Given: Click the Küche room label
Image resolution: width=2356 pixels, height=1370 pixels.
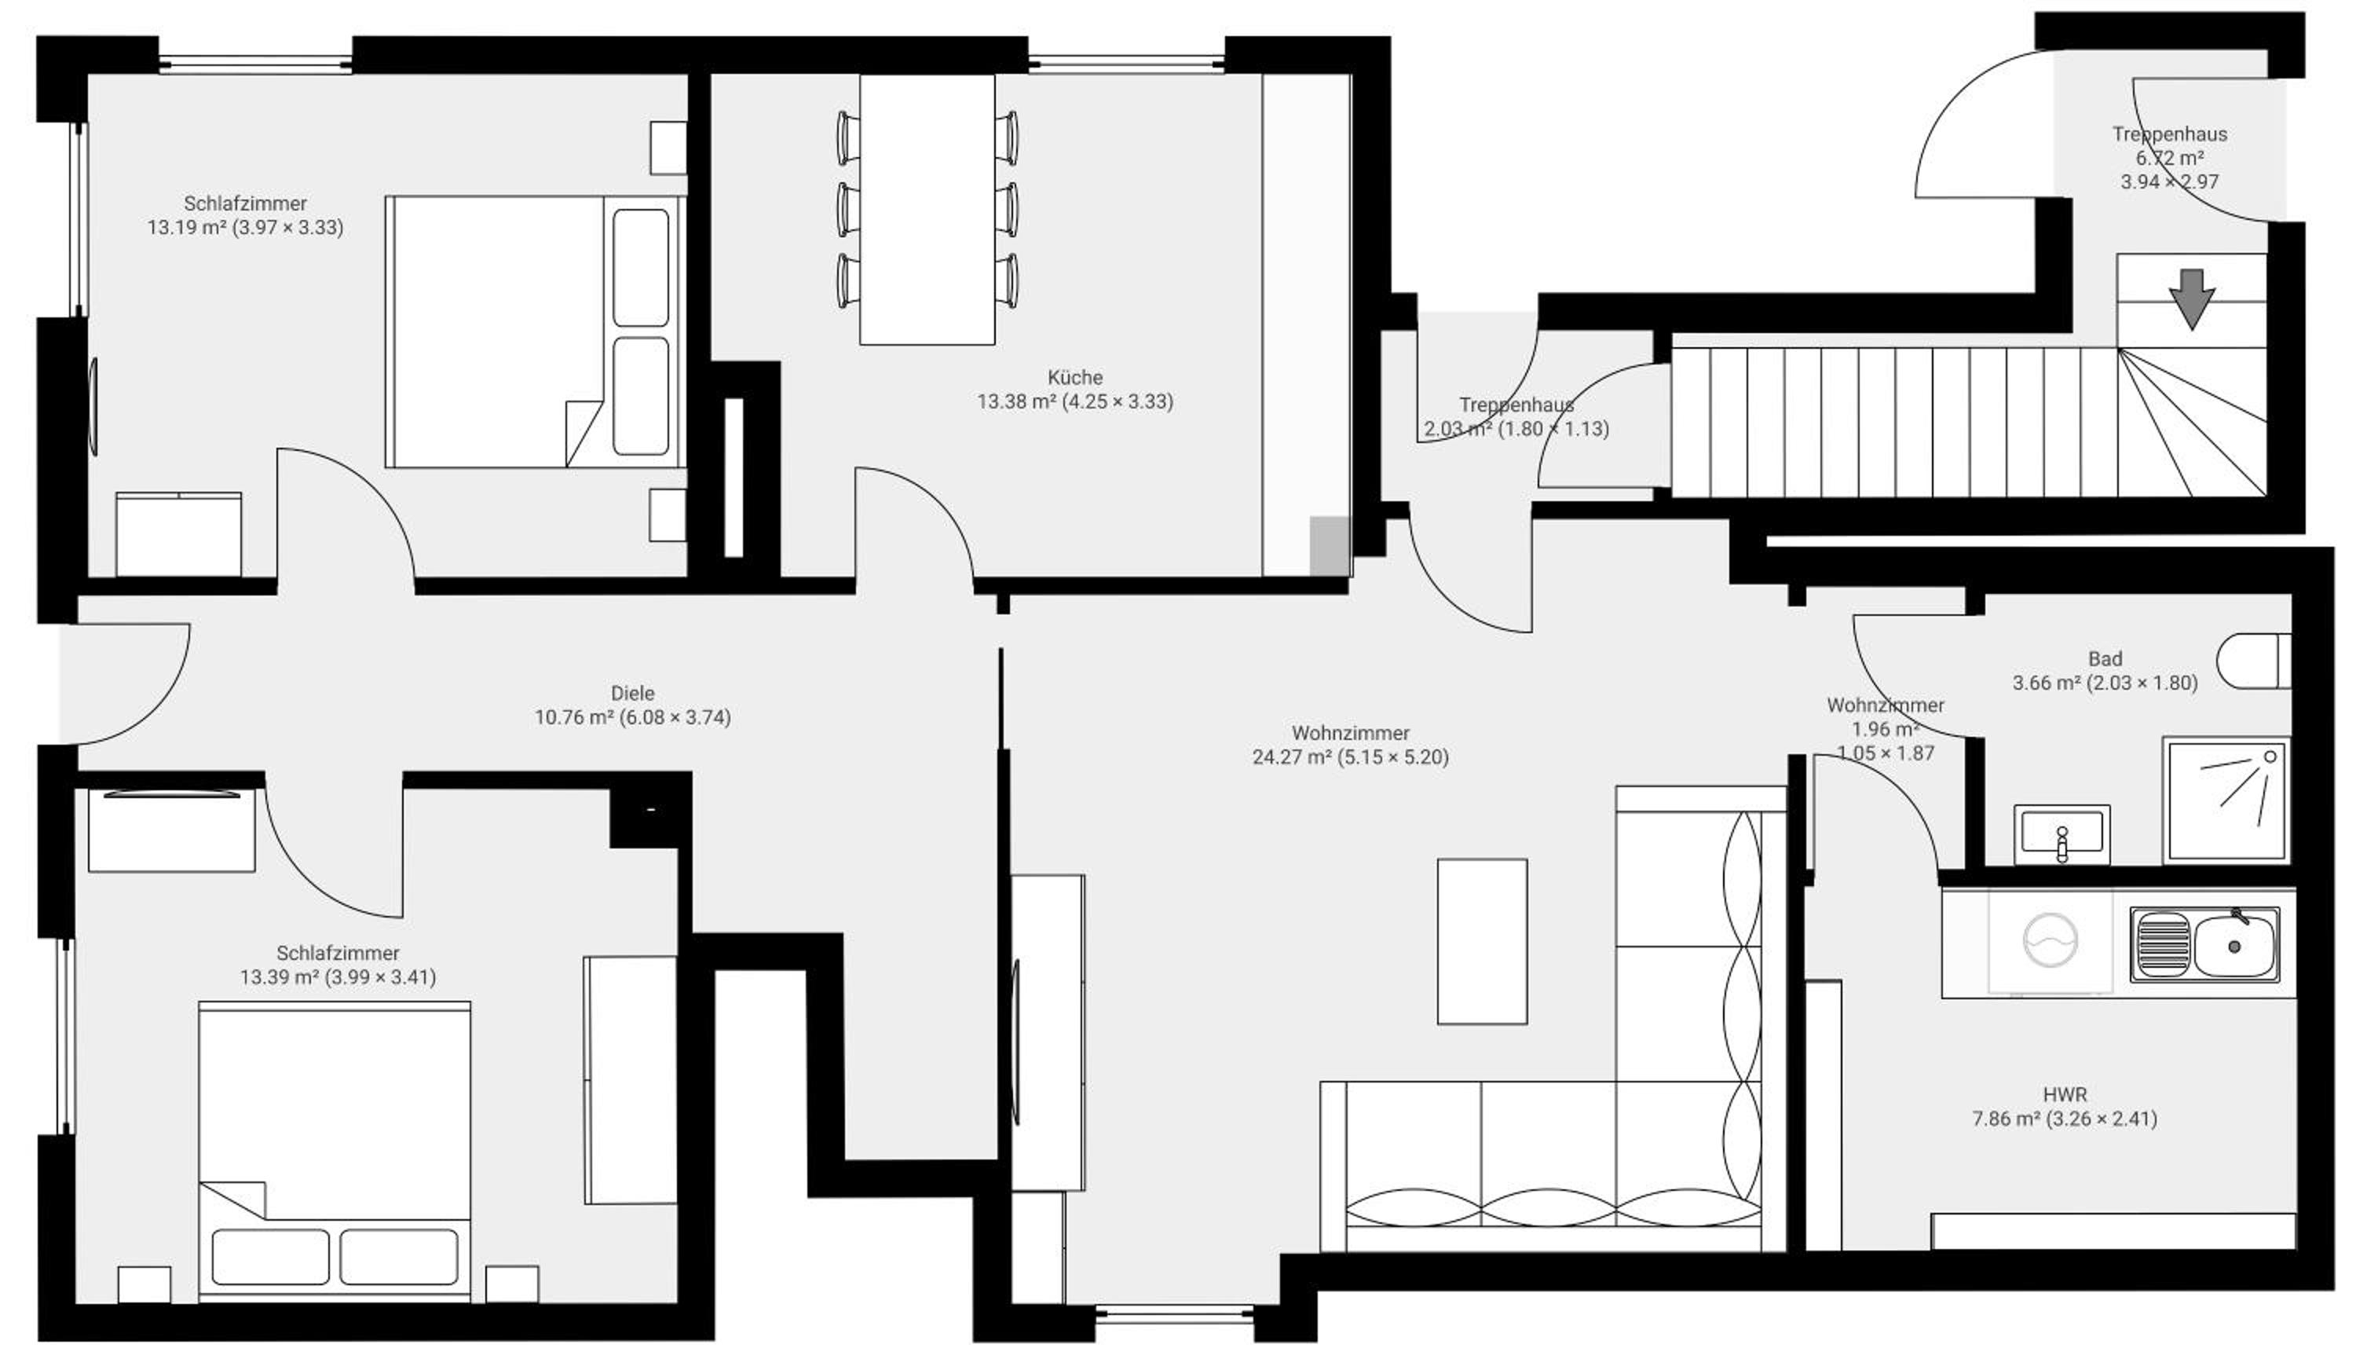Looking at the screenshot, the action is coord(1075,378).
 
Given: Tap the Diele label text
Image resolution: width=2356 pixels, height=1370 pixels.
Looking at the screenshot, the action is coord(633,694).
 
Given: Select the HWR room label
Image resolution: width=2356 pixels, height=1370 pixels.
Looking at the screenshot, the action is coord(2065,1095).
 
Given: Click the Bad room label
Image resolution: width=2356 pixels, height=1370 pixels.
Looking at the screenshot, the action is coord(2105,659).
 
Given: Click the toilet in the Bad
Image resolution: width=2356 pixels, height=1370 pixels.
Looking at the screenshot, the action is coord(2254,661).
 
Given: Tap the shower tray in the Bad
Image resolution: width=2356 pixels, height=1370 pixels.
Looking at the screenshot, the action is coord(2226,801).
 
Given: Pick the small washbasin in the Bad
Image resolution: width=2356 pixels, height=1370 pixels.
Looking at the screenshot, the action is coord(2061,834).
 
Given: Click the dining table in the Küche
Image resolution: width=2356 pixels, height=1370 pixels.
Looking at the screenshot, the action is coord(927,210).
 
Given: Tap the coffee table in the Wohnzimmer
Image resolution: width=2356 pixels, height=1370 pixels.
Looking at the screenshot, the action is coord(1483,942).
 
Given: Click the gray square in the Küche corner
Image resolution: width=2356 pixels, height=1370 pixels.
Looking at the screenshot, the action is coord(1330,545).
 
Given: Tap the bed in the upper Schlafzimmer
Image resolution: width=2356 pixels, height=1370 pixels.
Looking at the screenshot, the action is coord(535,331).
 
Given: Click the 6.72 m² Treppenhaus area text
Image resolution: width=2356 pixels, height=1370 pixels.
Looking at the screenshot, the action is coord(2170,158).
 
